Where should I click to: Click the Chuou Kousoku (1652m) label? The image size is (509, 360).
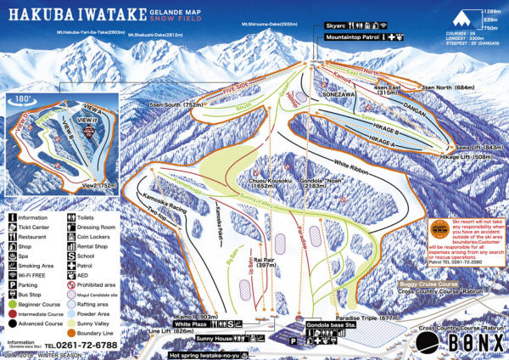[270, 183]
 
